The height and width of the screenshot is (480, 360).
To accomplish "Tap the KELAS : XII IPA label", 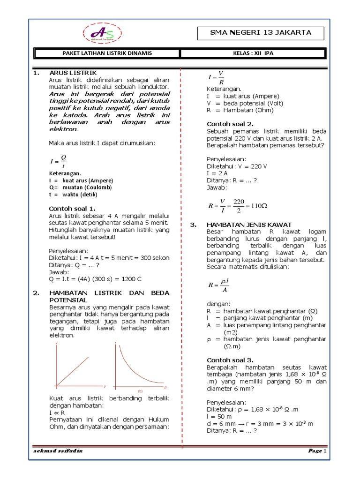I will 253,53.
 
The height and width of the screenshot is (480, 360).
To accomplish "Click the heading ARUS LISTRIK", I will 73,73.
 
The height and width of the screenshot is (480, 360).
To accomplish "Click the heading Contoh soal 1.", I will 72,208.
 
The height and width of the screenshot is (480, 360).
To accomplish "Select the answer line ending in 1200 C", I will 95,279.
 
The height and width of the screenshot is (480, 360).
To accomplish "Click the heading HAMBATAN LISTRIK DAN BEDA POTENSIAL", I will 109,296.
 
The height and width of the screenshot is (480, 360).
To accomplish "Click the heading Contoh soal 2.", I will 230,124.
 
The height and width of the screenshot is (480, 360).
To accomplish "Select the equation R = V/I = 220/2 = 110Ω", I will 237,205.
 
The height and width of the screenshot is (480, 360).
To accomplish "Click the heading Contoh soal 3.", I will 230,360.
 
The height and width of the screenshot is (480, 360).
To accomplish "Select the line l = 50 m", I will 218,416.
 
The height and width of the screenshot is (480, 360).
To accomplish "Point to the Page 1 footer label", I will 317,451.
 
